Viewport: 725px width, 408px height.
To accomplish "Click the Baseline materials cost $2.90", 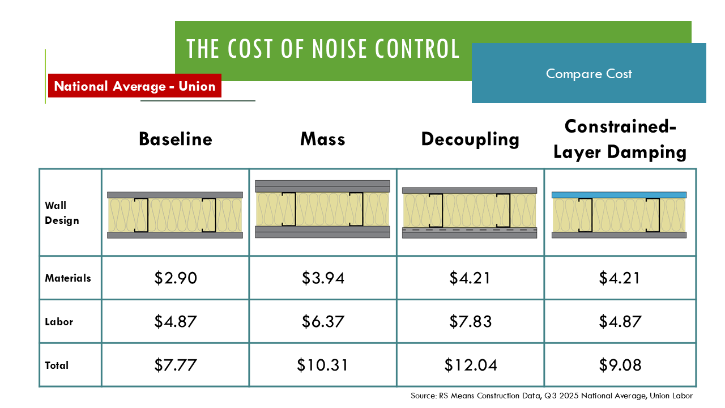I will click(176, 278).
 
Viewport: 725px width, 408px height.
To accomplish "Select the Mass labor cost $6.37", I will click(323, 321).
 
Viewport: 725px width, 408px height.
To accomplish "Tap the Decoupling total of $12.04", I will click(470, 365).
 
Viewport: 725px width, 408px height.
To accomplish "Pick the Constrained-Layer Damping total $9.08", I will click(620, 365).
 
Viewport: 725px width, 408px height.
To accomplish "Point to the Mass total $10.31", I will click(323, 365).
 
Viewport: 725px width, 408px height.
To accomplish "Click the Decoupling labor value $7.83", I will click(470, 321).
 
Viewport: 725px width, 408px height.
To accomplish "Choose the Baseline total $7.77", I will click(176, 365).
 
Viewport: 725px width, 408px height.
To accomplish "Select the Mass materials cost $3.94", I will click(323, 278).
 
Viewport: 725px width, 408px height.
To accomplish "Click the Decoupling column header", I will click(470, 139).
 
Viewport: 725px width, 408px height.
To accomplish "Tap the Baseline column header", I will click(176, 139).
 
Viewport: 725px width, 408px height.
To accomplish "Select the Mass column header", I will click(323, 139).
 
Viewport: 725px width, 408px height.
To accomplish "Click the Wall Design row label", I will click(62, 213).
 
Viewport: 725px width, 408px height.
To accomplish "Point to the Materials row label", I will click(68, 278).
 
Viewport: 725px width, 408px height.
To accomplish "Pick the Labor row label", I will click(59, 321).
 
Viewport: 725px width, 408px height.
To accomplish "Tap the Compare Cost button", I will click(589, 74).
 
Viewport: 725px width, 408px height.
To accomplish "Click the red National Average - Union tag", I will click(135, 86).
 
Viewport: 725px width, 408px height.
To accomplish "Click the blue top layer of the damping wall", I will click(620, 194).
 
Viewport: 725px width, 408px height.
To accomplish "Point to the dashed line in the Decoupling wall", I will click(470, 230).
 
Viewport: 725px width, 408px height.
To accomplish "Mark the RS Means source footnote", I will click(551, 396).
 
